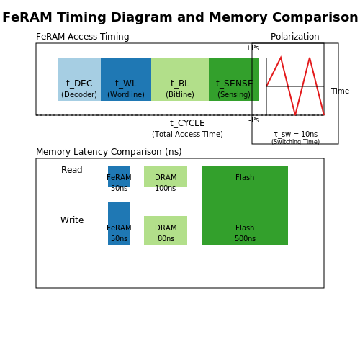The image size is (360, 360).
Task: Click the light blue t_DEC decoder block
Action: [79, 79]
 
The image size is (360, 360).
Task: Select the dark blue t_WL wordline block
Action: [126, 79]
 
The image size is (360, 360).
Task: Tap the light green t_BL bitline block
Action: [180, 79]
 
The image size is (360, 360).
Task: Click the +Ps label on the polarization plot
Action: [253, 48]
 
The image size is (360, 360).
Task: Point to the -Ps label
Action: [253, 120]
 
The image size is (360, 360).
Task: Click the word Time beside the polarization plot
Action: [340, 91]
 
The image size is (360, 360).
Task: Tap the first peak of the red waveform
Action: [281, 58]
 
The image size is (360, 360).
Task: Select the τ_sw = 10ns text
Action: [295, 134]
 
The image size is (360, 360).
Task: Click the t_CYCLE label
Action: [187, 123]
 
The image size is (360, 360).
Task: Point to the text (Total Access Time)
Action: [187, 134]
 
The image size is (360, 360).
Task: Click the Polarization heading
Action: [295, 37]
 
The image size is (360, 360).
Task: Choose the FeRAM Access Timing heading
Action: [83, 37]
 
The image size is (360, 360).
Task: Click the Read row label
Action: [72, 170]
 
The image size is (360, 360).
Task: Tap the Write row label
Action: [72, 220]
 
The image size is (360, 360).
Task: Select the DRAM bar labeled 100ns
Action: [166, 176]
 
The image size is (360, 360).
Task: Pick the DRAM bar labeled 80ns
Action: [166, 230]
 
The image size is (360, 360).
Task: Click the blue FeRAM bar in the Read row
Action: [119, 176]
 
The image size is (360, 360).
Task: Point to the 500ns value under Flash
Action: [245, 238]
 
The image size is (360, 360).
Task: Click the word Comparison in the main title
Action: [315, 17]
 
